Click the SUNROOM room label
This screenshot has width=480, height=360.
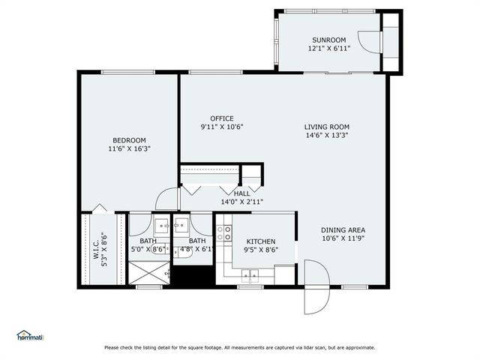328,40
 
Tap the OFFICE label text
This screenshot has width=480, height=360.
222,118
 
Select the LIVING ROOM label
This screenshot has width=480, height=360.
327,127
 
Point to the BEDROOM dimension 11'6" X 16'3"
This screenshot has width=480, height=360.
130,149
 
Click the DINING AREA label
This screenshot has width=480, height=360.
343,230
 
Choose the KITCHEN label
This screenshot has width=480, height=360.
261,241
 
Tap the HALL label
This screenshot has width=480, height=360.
241,193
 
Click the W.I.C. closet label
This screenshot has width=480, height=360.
96,249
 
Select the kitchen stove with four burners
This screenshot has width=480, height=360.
223,233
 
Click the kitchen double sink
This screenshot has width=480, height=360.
250,275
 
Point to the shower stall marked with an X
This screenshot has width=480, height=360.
149,273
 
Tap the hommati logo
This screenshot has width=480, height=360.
30,336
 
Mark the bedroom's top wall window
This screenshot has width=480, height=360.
128,72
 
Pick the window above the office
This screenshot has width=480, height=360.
215,72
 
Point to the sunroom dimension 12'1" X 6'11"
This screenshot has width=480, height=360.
329,48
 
